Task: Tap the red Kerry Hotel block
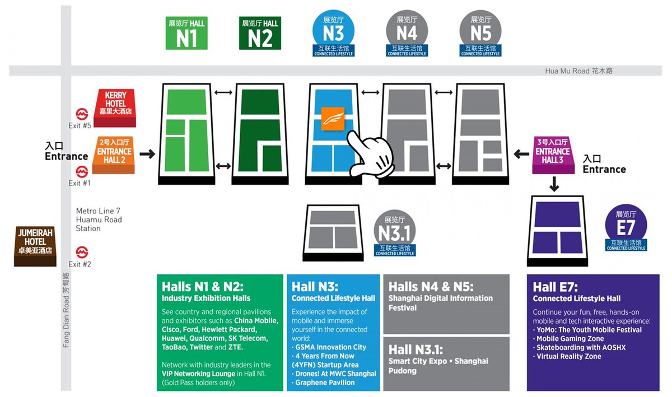(x=116, y=107)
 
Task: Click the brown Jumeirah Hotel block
(x=35, y=245)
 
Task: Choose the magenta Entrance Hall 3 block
(x=552, y=155)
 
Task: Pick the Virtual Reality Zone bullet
(x=568, y=356)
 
